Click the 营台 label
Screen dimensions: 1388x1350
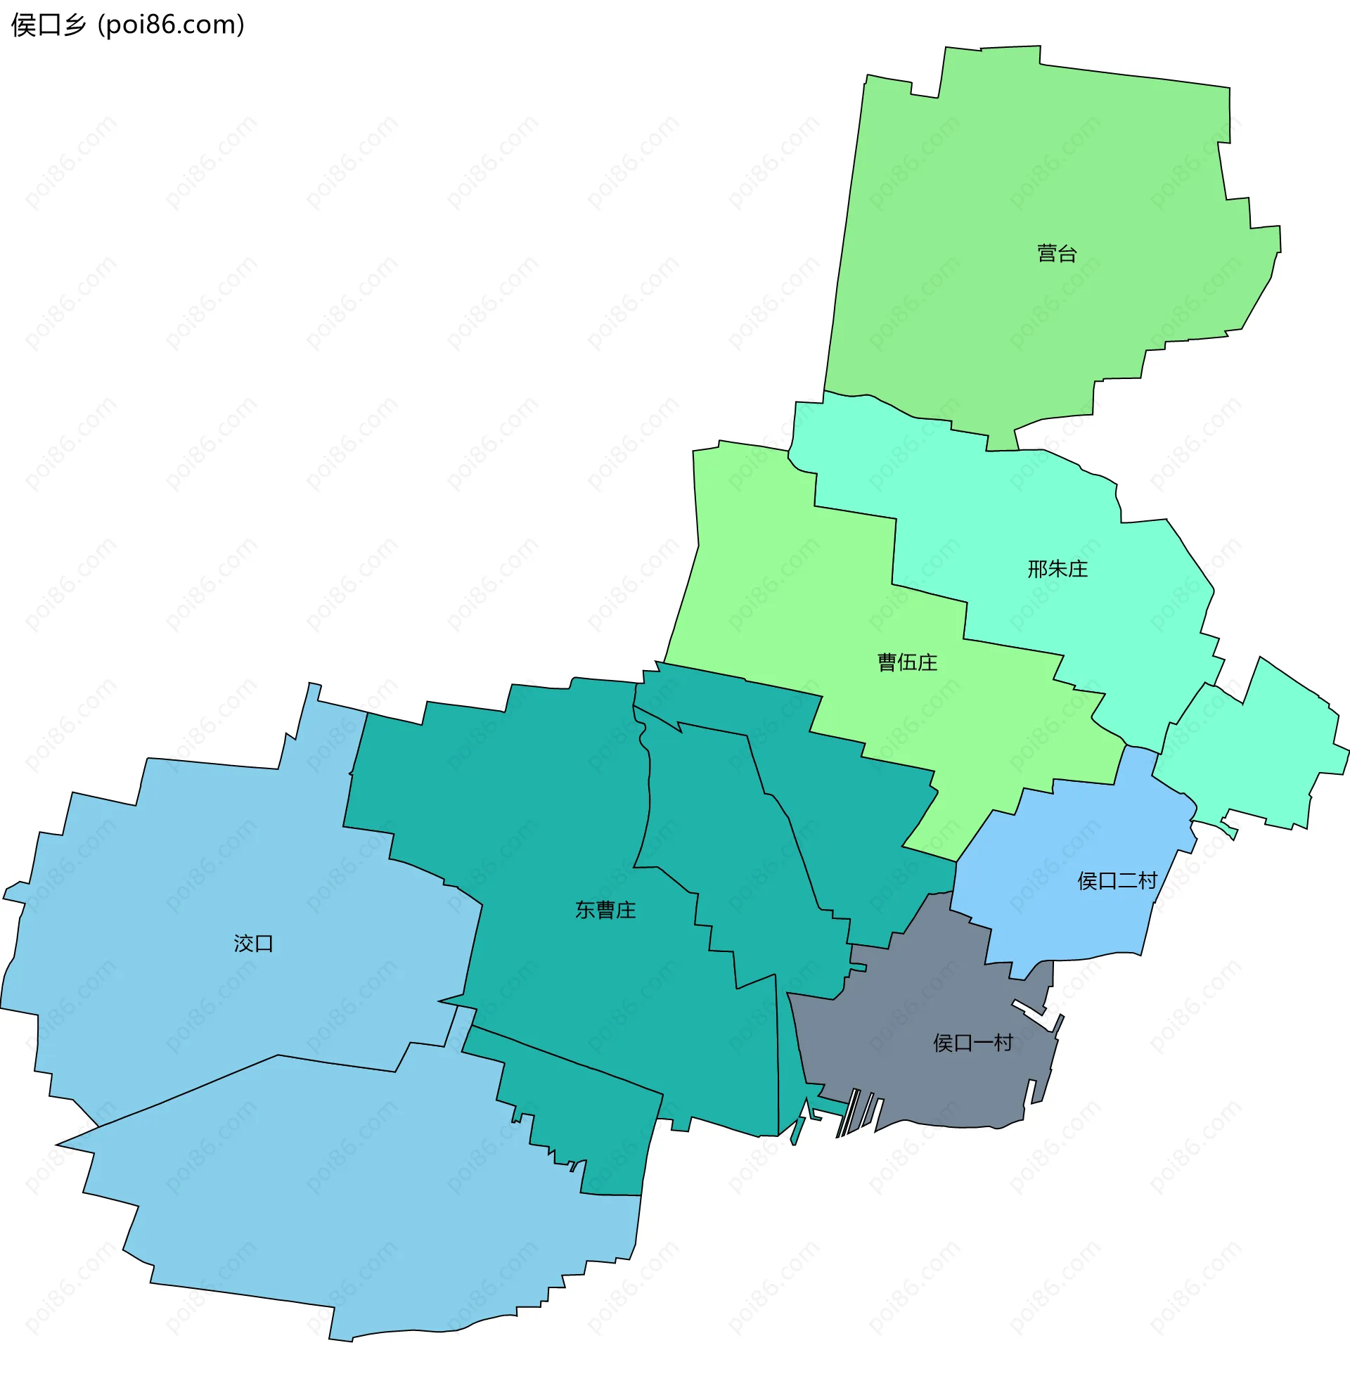(1057, 253)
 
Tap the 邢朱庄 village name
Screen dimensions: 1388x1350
(1057, 569)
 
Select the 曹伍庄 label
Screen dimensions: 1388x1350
(907, 662)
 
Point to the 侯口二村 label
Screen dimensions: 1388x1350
(1117, 881)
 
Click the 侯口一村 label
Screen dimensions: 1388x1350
(972, 1043)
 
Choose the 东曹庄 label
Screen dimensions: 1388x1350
(605, 910)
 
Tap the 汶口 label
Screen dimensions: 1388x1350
(253, 944)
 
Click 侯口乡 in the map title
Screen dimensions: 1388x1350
(49, 25)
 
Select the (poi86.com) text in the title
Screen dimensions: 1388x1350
(171, 25)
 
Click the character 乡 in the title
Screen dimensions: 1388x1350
(75, 25)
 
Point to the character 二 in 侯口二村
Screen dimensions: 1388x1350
(1127, 881)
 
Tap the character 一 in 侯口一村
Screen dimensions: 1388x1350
(982, 1043)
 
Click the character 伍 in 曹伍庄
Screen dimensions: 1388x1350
(907, 662)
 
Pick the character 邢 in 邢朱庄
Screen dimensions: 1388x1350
(1037, 569)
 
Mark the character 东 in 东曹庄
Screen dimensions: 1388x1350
(585, 910)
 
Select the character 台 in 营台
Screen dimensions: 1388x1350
(1067, 253)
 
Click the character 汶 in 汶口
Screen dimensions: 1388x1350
(243, 944)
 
